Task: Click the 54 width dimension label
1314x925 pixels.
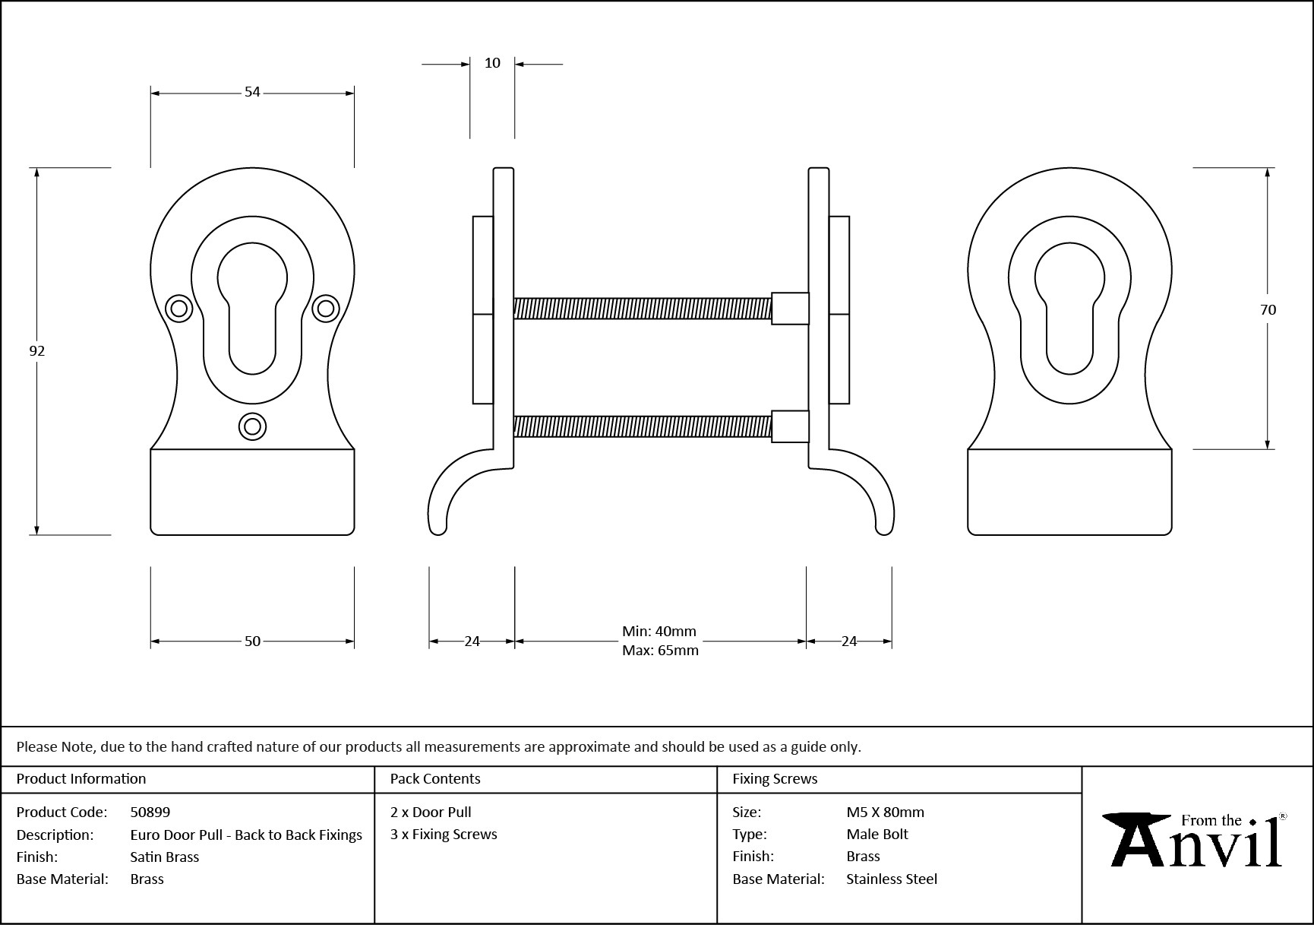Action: pyautogui.click(x=252, y=92)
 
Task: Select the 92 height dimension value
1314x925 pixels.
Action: pyautogui.click(x=36, y=350)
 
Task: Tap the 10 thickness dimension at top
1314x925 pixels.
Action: pyautogui.click(x=492, y=63)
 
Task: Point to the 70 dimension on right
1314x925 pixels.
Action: pyautogui.click(x=1268, y=309)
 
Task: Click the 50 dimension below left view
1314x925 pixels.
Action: pyautogui.click(x=252, y=641)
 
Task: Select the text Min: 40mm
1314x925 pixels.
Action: pyautogui.click(x=659, y=631)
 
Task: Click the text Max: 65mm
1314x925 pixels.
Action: pyautogui.click(x=660, y=651)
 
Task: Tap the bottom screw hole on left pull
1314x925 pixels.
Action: pyautogui.click(x=252, y=426)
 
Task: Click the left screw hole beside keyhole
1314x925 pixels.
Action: pyautogui.click(x=179, y=309)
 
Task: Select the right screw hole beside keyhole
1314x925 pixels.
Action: pyautogui.click(x=326, y=308)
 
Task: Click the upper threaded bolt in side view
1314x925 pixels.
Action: pyautogui.click(x=642, y=308)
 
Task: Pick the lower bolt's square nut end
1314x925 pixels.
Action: pyautogui.click(x=790, y=426)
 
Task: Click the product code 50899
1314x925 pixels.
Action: pyautogui.click(x=150, y=812)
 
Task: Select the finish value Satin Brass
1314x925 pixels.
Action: pyautogui.click(x=165, y=857)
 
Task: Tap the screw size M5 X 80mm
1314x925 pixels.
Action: pyautogui.click(x=885, y=812)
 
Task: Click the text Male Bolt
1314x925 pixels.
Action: pyautogui.click(x=877, y=834)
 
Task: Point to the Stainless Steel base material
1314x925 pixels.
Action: pyautogui.click(x=892, y=879)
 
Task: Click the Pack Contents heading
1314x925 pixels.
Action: pyautogui.click(x=435, y=778)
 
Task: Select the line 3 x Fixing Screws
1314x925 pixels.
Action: pyautogui.click(x=444, y=834)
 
